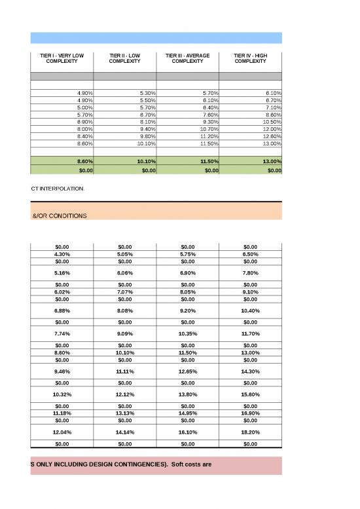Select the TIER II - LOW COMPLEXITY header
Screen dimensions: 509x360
coord(124,58)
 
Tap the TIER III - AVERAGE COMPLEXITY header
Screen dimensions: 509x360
coord(187,58)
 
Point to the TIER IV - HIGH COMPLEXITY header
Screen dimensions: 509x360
coord(250,58)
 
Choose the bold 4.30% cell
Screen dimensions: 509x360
coord(62,254)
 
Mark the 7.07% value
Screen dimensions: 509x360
coord(124,292)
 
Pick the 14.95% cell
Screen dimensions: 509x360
coord(187,413)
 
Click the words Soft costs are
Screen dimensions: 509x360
coord(192,464)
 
